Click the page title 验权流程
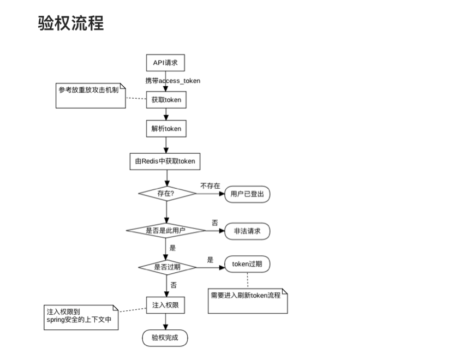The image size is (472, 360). (71, 23)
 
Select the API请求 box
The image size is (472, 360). (166, 63)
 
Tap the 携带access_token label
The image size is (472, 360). (172, 81)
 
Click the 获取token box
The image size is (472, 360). (166, 100)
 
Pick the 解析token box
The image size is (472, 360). (166, 129)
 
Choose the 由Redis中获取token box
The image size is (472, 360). (165, 161)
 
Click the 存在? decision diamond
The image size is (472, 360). (167, 193)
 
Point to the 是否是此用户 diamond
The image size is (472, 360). (165, 231)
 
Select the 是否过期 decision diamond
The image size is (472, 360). (167, 267)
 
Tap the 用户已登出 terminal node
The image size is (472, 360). (247, 194)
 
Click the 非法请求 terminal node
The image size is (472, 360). (247, 231)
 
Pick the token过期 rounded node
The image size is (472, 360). (247, 264)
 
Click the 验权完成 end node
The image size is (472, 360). (165, 338)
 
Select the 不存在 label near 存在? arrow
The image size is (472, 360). (210, 185)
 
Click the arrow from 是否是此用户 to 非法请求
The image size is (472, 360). (214, 231)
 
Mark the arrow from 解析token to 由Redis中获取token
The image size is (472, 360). (166, 145)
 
